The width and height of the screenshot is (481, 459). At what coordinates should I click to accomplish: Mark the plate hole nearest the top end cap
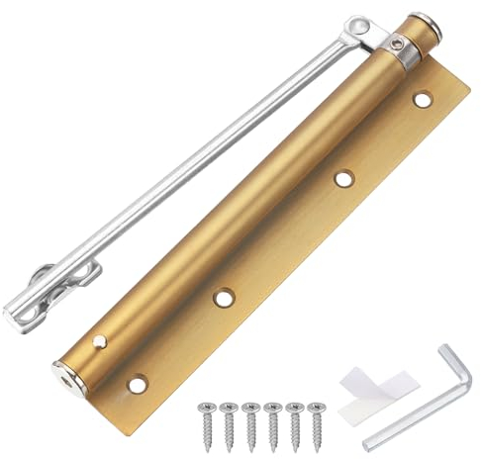click(x=423, y=99)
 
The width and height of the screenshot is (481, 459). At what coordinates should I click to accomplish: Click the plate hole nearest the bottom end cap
click(x=137, y=383)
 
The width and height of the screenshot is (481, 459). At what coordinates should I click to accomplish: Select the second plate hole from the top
click(x=343, y=178)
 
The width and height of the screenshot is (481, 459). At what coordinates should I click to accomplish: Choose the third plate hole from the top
click(x=226, y=296)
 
